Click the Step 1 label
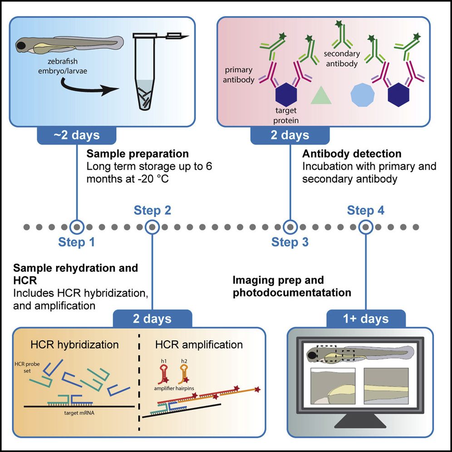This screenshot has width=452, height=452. (x=77, y=242)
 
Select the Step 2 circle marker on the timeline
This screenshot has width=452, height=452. (x=152, y=226)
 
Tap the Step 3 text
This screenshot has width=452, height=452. (x=290, y=242)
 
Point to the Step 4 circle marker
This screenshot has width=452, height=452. (x=365, y=226)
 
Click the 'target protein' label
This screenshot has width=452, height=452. (x=285, y=116)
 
